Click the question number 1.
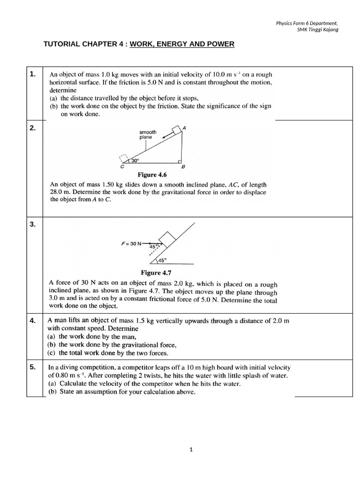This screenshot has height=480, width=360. pos(32,74)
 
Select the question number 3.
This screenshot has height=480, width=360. pos(32,225)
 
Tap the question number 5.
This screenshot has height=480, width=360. pos(32,367)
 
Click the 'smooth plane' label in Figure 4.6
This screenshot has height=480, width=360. pos(148,135)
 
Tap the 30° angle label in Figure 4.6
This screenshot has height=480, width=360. pos(135,160)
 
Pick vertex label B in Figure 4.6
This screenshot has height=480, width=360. pos(183,167)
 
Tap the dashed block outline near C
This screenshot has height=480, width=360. pos(124,159)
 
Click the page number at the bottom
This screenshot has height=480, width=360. pos(191,450)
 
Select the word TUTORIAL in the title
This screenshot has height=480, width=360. pos(63,45)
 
